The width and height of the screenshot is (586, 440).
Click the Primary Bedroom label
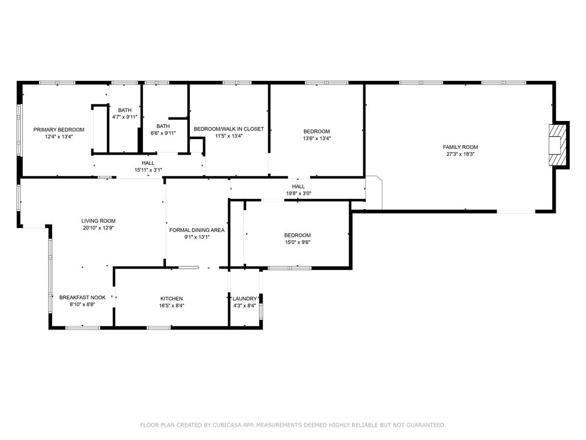pyautogui.click(x=59, y=130)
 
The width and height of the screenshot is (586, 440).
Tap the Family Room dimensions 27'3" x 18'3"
pyautogui.click(x=461, y=154)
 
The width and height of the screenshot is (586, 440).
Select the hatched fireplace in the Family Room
pyautogui.click(x=557, y=145)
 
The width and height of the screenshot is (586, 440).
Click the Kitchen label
pyautogui.click(x=172, y=298)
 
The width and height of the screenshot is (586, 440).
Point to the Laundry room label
pyautogui.click(x=245, y=298)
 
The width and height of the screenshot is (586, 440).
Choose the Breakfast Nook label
pyautogui.click(x=82, y=297)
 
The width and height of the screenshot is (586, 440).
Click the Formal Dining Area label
pyautogui.click(x=197, y=230)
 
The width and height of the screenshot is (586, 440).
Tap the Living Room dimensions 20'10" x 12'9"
pyautogui.click(x=98, y=228)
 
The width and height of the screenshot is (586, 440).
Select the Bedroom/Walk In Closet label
pyautogui.click(x=229, y=129)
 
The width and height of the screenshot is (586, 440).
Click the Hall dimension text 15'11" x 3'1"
pyautogui.click(x=148, y=170)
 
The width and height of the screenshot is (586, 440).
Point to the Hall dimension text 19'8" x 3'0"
pyautogui.click(x=299, y=194)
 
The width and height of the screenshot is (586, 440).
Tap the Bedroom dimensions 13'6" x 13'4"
pyautogui.click(x=317, y=139)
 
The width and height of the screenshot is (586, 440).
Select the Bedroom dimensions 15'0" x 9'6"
pyautogui.click(x=298, y=242)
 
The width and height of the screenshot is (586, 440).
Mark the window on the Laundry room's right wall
pyautogui.click(x=261, y=311)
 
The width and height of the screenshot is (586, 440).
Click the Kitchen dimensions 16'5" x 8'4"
pyautogui.click(x=172, y=305)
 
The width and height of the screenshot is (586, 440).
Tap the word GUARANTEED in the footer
pyautogui.click(x=425, y=425)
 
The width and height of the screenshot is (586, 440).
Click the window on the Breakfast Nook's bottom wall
pyautogui.click(x=82, y=328)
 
